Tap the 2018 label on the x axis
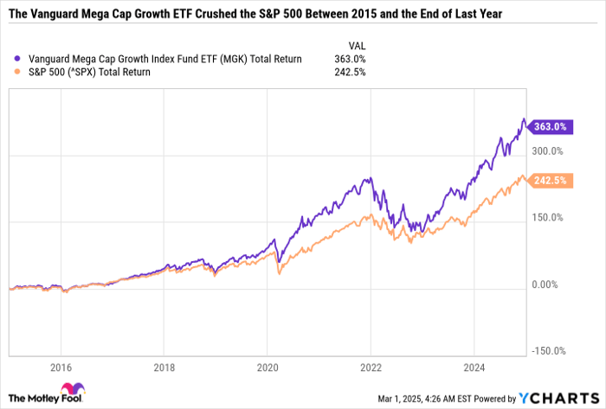pos(164,366)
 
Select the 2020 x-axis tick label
pos(267,366)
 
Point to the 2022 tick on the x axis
pos(371,366)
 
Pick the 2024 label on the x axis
pos(474,366)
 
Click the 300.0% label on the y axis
pos(548,151)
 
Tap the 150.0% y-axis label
pos(548,218)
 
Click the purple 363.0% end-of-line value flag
pos(549,126)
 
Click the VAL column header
pos(357,44)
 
